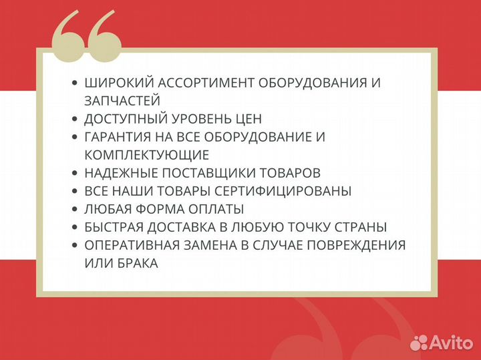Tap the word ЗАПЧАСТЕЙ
click(122, 101)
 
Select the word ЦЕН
click(247, 119)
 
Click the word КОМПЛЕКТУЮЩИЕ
click(147, 155)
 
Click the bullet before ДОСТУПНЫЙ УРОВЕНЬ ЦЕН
click(75, 119)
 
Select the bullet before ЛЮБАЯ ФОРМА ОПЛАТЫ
click(75, 209)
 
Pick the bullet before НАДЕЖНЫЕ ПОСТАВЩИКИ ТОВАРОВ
click(75, 173)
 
